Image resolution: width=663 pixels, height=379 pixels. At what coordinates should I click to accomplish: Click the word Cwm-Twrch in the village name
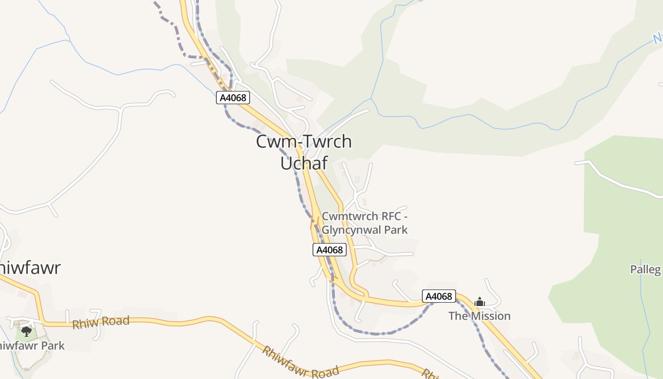(304, 142)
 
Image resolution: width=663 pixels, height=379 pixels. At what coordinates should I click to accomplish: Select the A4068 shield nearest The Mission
(439, 297)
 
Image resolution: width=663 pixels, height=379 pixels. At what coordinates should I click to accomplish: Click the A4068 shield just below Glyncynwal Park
(330, 250)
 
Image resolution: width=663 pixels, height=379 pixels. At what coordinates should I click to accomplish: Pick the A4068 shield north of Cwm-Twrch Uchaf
(233, 98)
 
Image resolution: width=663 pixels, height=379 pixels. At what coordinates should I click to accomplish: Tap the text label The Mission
(479, 316)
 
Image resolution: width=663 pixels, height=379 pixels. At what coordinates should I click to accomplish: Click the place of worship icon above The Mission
(480, 302)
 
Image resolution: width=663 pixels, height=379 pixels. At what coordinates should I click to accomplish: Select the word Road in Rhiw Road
(116, 321)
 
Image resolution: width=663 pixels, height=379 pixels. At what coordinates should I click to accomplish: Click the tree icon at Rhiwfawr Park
(27, 331)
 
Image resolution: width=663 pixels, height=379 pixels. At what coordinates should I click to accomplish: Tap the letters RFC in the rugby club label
(388, 217)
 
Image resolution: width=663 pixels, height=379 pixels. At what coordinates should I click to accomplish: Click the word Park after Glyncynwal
(396, 230)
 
